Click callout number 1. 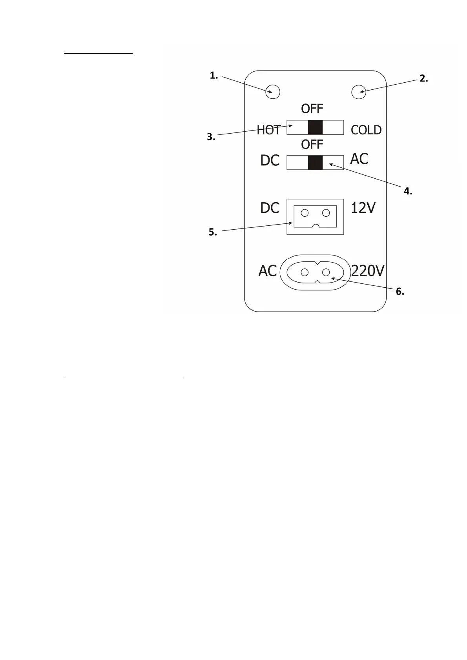point(213,76)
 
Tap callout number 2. point(423,78)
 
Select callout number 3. point(211,137)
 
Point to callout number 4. point(408,191)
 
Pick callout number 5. point(212,232)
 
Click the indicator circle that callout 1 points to point(273,92)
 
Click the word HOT point(268,130)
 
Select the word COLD point(366,130)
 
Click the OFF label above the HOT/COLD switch point(312,109)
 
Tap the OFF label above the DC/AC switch point(312,145)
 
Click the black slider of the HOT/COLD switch point(315,127)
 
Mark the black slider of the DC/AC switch point(315,163)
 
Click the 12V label point(363,208)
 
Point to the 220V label point(367,271)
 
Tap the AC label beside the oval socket point(268,271)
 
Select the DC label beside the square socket point(270,208)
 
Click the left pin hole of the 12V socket point(305,213)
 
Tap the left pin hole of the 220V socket point(305,272)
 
